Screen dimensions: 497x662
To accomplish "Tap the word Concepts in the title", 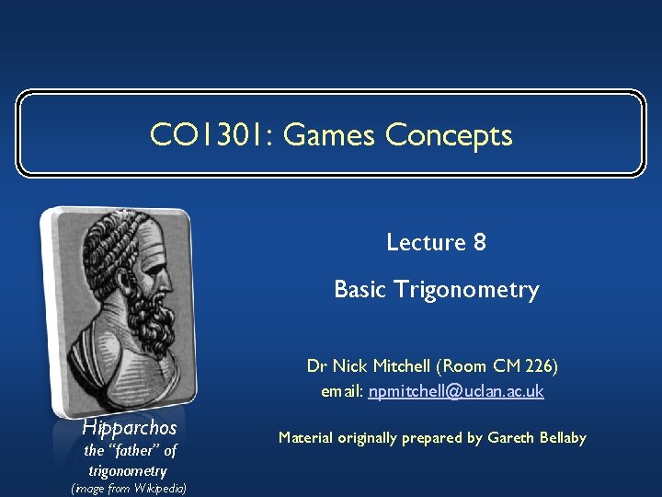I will point(449,135).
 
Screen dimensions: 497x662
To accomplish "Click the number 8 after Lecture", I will point(479,242).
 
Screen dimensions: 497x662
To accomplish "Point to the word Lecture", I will point(426,242).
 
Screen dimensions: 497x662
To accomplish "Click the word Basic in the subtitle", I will point(360,290).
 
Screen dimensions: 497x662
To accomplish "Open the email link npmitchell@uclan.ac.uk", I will point(456,392).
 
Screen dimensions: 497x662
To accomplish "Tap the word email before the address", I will point(342,392).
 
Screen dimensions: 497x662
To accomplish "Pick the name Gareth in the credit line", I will point(514,438).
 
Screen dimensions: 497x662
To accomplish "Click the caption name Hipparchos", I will point(129,428).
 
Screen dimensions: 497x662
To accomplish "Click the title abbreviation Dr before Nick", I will point(316,366).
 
